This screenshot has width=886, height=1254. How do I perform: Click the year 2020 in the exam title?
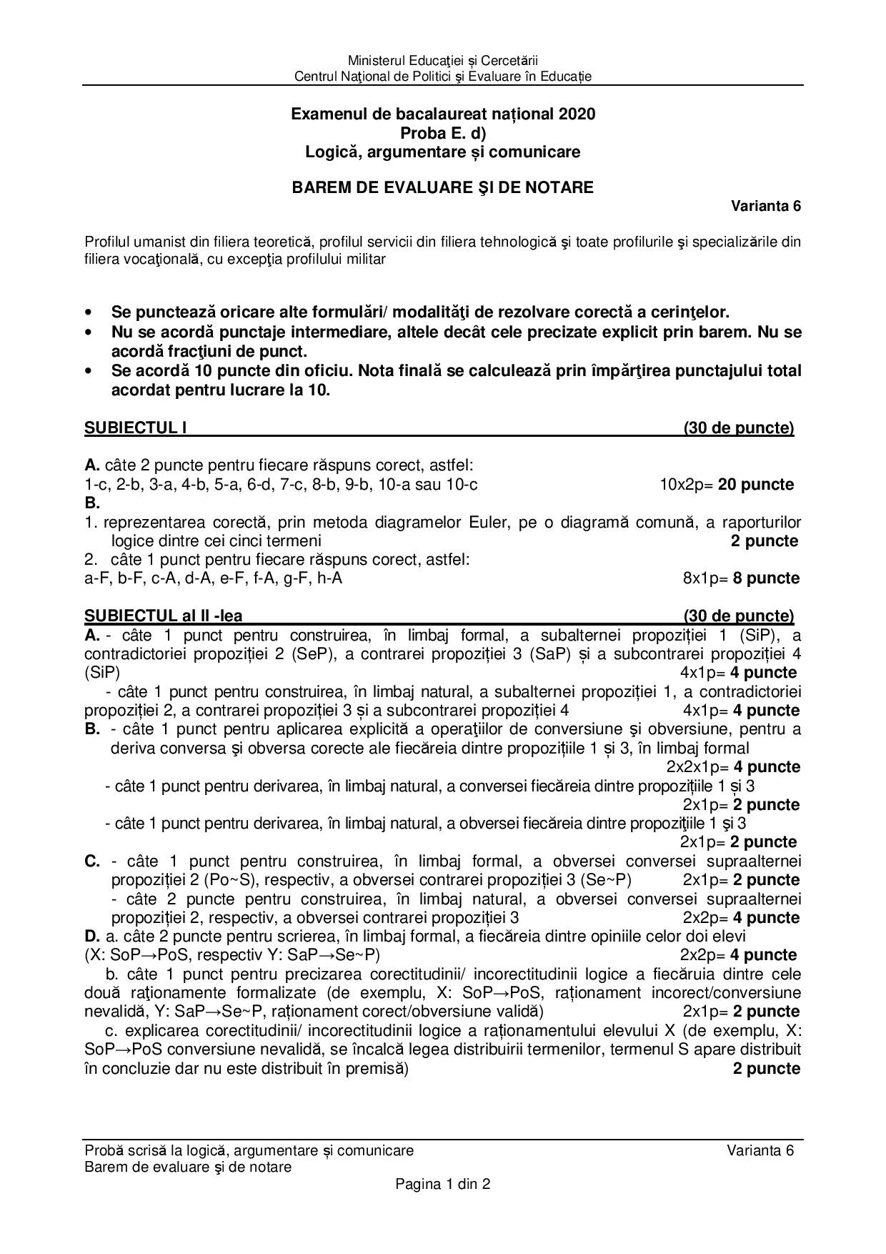577,114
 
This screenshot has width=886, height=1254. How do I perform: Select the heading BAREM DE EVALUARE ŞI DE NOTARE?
442,187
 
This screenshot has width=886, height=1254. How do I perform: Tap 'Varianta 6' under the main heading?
765,207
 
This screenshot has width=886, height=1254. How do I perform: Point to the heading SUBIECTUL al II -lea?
168,616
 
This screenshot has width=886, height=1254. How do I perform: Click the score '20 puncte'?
756,485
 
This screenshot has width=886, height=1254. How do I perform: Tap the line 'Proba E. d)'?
442,133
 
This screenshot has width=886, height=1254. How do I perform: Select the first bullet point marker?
89,313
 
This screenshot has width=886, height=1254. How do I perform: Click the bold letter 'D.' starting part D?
92,937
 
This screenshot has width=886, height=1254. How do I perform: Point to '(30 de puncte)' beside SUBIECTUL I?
738,428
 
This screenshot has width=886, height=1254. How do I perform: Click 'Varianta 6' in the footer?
760,1150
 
